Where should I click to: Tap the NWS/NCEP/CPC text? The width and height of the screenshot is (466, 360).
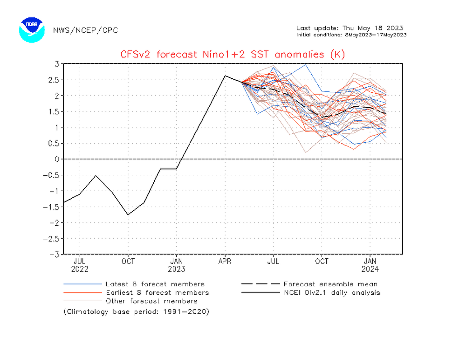[x=85, y=30]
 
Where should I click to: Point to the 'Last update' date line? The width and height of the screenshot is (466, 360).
[x=349, y=28]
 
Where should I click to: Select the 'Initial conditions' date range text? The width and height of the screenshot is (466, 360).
[x=351, y=35]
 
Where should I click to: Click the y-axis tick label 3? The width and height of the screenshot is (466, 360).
[x=56, y=64]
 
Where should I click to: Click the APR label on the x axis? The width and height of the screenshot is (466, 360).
[x=225, y=261]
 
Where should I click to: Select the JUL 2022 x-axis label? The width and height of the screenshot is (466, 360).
[x=80, y=265]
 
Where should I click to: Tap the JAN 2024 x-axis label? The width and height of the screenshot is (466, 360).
[x=370, y=265]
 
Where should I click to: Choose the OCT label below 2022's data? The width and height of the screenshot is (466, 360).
[x=128, y=261]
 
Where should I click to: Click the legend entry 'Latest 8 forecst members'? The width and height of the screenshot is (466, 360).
[x=155, y=284]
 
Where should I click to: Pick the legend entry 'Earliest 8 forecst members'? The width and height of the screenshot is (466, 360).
[x=157, y=292]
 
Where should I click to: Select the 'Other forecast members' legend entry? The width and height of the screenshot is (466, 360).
[x=151, y=301]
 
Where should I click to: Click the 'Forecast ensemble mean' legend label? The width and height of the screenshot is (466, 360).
[x=330, y=284]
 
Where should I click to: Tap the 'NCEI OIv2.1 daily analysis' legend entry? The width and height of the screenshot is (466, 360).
[x=331, y=292]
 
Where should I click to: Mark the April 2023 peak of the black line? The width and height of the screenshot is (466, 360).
[x=225, y=76]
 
